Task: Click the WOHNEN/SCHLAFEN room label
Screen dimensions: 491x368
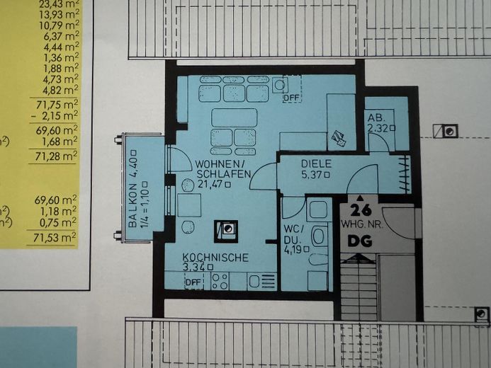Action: click(223, 169)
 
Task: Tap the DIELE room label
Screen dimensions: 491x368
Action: click(316, 163)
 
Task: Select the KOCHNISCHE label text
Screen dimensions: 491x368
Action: click(215, 258)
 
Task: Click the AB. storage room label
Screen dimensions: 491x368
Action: click(376, 118)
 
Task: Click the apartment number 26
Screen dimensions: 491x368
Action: click(361, 209)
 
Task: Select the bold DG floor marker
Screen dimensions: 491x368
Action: click(360, 241)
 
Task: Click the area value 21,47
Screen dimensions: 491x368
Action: click(210, 184)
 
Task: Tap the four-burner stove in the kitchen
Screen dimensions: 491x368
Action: click(220, 282)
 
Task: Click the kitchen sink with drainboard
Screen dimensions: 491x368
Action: click(262, 282)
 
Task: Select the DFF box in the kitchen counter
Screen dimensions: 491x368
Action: click(193, 282)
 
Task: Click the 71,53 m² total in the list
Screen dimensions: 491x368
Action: click(55, 238)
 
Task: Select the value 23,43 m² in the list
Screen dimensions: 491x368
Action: click(60, 4)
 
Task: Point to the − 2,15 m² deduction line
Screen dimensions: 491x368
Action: click(55, 116)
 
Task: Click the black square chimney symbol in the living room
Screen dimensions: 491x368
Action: click(226, 231)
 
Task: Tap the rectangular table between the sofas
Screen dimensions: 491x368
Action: click(235, 117)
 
